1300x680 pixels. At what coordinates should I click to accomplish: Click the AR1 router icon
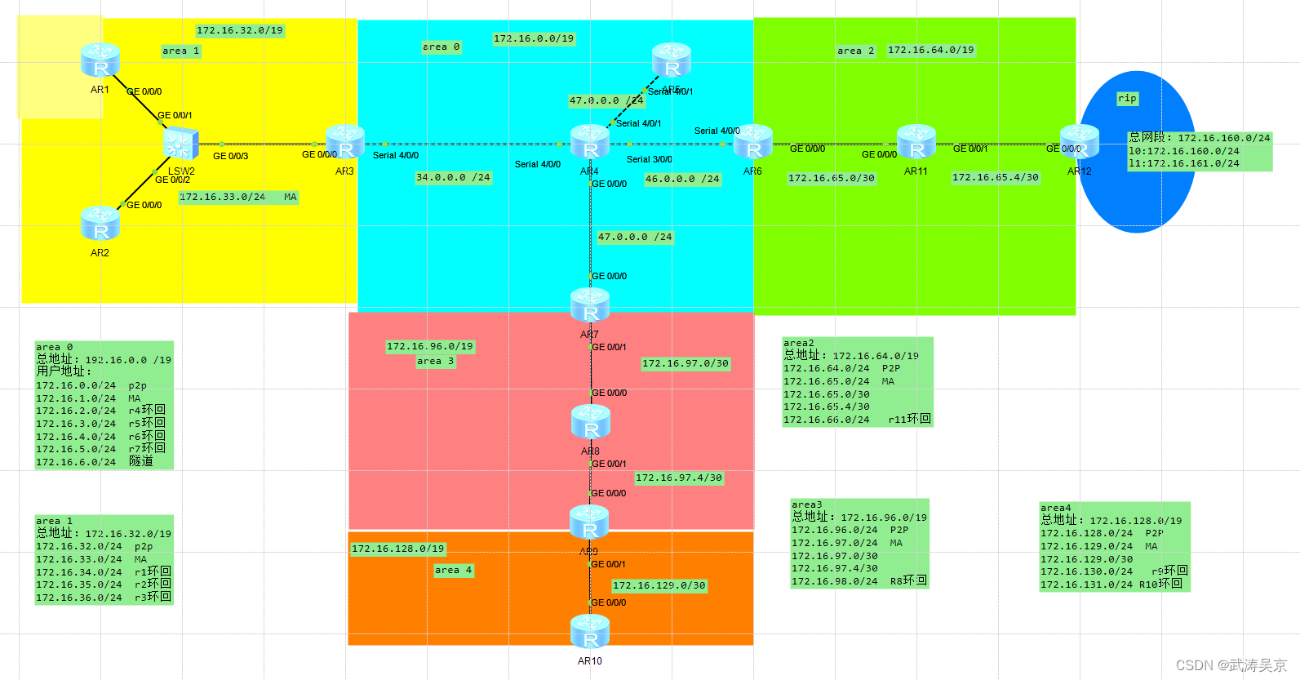(100, 60)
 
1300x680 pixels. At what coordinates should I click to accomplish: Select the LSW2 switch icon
(180, 144)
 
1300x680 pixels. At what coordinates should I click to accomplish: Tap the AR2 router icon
(100, 223)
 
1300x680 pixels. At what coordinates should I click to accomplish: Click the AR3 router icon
(345, 142)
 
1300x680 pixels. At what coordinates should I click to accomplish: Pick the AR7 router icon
(590, 305)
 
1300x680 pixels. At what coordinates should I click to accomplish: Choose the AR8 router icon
(590, 421)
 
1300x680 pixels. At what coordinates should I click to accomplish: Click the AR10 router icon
(590, 632)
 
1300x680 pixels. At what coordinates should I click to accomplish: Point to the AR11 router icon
(916, 142)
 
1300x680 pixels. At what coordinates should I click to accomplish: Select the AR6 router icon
(753, 142)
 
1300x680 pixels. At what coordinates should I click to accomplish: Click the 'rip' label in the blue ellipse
(1127, 99)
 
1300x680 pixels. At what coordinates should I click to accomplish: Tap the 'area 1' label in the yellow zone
(180, 51)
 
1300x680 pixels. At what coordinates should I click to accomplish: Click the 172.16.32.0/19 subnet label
(239, 30)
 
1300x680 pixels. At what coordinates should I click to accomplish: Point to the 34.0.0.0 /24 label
(453, 177)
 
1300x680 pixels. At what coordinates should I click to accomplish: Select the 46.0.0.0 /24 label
(682, 179)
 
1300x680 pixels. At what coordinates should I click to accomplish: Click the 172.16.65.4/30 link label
(996, 177)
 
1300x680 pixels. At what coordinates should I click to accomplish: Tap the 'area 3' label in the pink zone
(435, 361)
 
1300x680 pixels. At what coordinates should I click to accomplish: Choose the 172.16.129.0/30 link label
(659, 585)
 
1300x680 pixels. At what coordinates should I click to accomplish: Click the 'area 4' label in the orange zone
(453, 570)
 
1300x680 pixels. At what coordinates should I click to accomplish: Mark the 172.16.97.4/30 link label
(678, 478)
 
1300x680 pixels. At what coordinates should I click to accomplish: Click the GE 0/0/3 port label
(230, 156)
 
